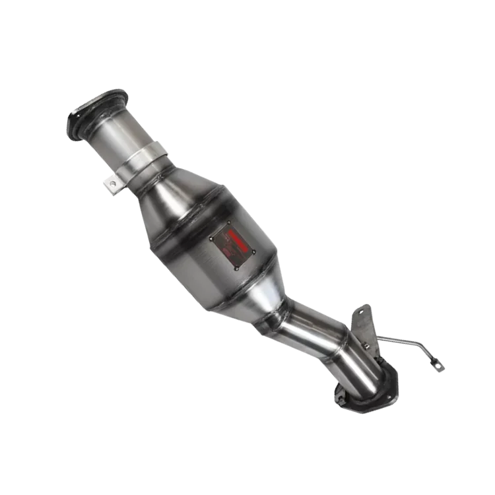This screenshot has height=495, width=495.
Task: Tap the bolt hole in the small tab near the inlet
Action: pos(112,183)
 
